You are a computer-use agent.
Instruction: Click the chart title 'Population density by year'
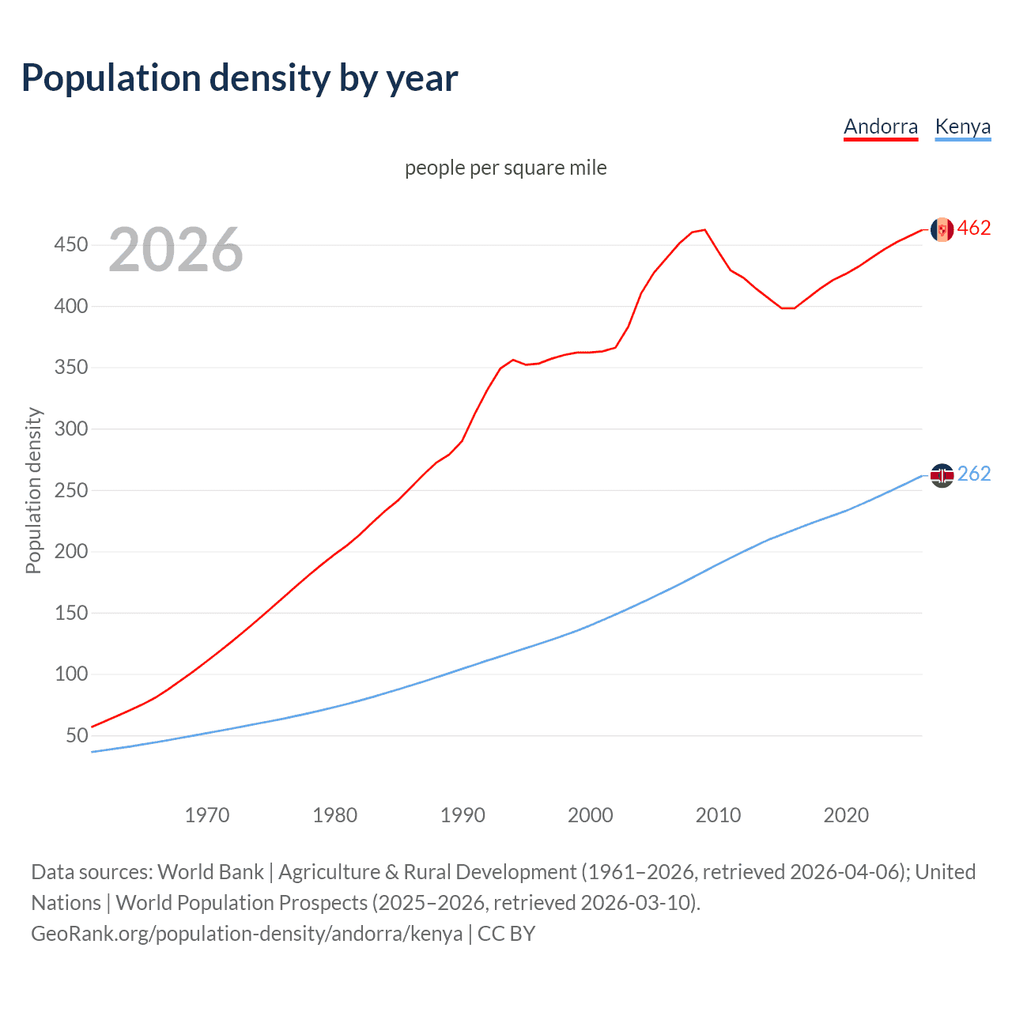[240, 78]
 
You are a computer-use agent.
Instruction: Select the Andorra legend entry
[880, 127]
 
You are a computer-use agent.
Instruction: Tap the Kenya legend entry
[962, 127]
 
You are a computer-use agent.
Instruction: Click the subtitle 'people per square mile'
[505, 168]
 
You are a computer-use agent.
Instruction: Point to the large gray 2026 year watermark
[176, 250]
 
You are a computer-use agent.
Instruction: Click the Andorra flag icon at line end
[942, 229]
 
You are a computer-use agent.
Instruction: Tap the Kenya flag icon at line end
[942, 475]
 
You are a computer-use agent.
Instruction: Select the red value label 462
[974, 228]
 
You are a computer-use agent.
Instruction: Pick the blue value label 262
[974, 474]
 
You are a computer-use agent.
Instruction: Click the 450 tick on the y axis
[70, 245]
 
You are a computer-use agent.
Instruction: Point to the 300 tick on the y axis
[70, 429]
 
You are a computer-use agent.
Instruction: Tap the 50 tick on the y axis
[77, 736]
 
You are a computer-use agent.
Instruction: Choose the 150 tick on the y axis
[70, 614]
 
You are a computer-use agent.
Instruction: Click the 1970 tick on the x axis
[207, 815]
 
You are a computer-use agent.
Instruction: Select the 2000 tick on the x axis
[591, 815]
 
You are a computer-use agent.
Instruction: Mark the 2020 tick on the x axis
[846, 815]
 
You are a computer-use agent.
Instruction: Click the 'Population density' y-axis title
[33, 490]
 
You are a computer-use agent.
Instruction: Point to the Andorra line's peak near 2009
[704, 230]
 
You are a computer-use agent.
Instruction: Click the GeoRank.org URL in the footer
[247, 934]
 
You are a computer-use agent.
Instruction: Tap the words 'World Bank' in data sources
[210, 872]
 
